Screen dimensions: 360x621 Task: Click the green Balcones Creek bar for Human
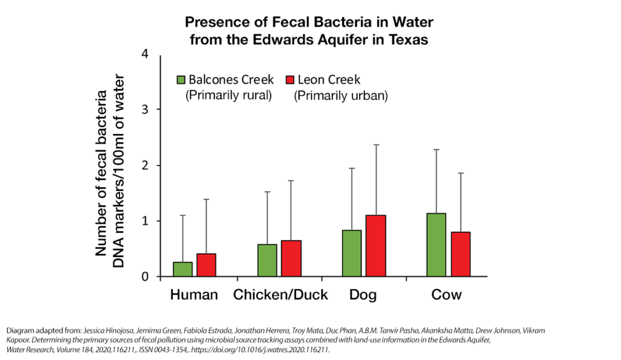coord(183,269)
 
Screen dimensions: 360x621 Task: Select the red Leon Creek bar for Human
coord(206,265)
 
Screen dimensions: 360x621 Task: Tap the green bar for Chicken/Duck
coord(267,260)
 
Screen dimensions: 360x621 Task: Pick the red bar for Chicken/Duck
coord(291,258)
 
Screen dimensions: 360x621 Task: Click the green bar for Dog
coord(352,253)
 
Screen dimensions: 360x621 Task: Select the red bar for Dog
coord(376,245)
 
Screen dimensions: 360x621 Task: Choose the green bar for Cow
coord(436,245)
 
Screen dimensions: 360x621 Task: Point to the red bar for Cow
coord(460,254)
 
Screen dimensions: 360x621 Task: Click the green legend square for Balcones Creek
coord(181,80)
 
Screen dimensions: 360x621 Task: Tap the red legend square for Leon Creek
coord(289,80)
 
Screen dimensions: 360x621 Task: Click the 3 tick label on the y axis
coord(144,110)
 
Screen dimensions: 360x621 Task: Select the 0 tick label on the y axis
coord(144,277)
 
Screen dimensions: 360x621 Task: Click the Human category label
coord(194,295)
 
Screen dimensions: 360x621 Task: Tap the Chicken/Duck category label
coord(281,295)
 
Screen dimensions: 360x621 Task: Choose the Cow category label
coord(446,295)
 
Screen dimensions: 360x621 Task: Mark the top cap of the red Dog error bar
coord(376,145)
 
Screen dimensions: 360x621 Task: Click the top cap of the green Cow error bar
coord(436,149)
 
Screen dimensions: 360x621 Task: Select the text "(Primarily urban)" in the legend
coord(341,96)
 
